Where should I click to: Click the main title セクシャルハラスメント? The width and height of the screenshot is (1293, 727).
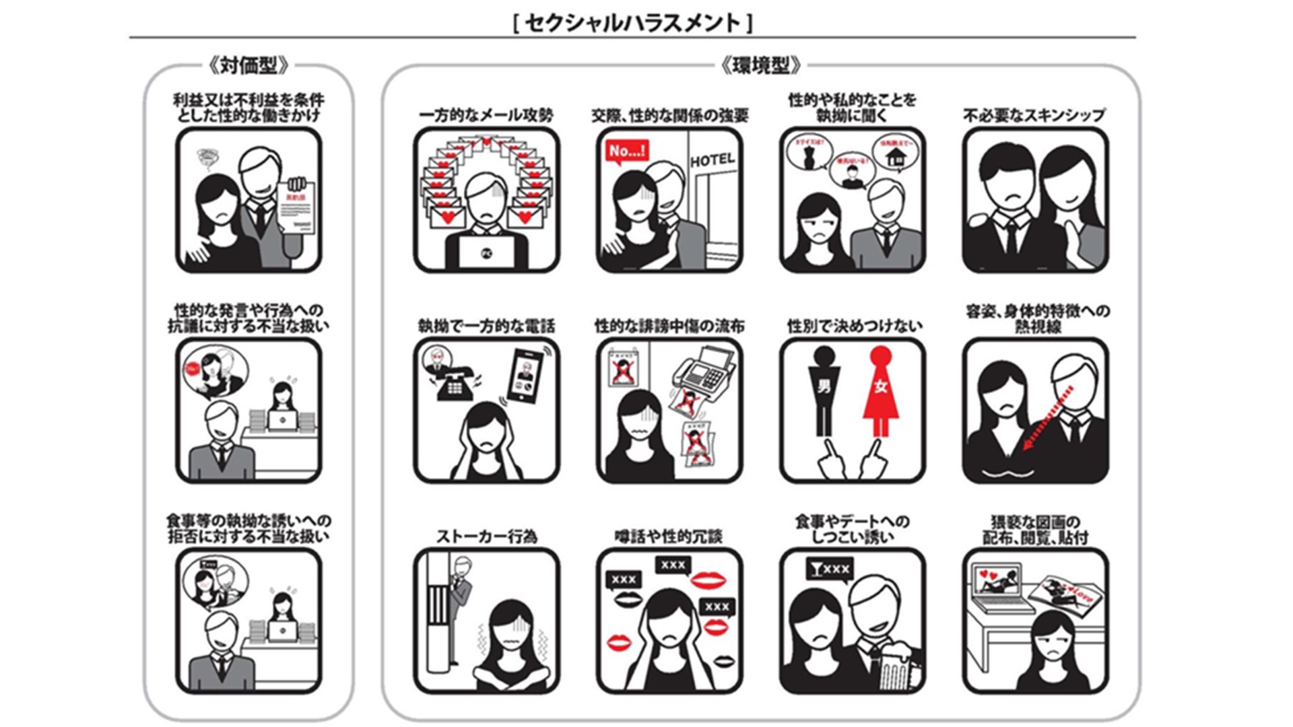tap(632, 23)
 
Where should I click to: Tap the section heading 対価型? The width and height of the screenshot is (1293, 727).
tap(248, 65)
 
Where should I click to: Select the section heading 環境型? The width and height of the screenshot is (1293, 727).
tap(760, 65)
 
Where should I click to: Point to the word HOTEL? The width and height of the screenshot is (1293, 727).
tap(712, 160)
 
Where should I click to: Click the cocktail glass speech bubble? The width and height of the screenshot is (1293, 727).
tap(829, 569)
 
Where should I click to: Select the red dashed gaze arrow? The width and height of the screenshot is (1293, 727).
tap(1046, 417)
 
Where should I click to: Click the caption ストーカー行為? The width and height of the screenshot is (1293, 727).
tap(486, 536)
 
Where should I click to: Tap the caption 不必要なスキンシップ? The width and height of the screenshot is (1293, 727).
tap(1034, 115)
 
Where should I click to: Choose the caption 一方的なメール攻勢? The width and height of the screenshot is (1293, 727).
tap(486, 115)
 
